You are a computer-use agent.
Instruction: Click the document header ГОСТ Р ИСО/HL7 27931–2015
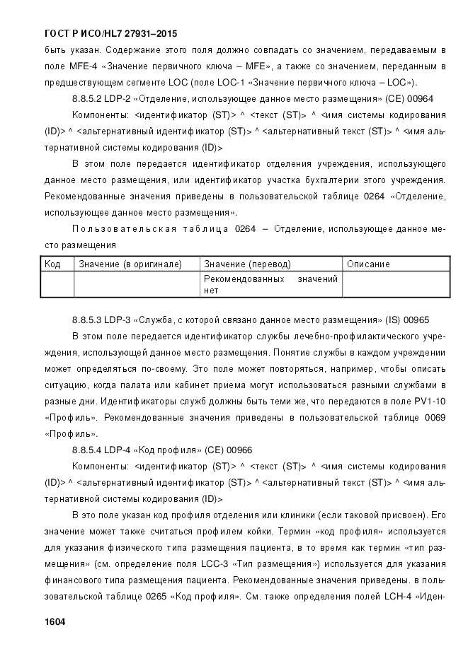[x=110, y=33]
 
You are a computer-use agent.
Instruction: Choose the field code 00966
[x=239, y=450]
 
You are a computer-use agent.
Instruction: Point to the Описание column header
[x=368, y=264]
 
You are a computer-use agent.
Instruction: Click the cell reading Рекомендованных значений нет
[x=270, y=284]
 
